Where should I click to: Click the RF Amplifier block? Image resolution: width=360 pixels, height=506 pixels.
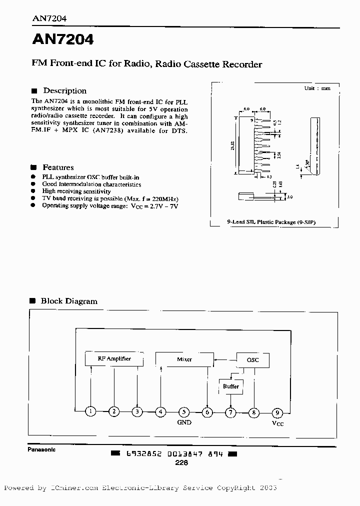[114, 359]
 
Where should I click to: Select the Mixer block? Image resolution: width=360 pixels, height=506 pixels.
[184, 359]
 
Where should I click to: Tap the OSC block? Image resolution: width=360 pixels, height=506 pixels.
[253, 359]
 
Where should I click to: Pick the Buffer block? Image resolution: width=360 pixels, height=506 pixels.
[230, 386]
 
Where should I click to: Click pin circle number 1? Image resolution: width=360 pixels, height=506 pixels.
[90, 412]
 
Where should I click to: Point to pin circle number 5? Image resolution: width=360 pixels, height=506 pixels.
[184, 412]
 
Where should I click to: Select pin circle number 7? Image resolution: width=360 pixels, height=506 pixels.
[230, 412]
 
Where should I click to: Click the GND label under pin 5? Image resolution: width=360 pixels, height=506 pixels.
[184, 422]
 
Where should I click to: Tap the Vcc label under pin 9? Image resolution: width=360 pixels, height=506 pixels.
[277, 423]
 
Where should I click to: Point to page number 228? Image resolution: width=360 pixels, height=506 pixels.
[181, 463]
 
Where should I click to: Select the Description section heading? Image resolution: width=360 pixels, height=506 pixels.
[64, 91]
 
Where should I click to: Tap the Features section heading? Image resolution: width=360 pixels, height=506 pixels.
[58, 167]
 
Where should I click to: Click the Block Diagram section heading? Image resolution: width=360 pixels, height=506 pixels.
[69, 301]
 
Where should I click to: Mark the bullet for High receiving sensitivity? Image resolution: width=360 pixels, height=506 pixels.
[33, 191]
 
